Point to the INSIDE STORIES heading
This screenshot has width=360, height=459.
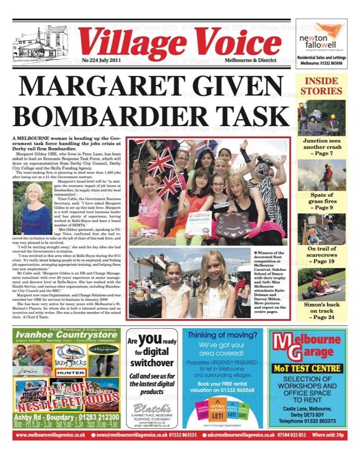point(321,86)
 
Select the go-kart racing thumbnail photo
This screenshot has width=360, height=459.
point(321,285)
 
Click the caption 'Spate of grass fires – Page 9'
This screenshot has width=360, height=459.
point(321,201)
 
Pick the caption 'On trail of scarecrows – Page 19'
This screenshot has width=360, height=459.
point(321,255)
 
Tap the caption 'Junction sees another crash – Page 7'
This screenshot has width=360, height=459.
point(321,146)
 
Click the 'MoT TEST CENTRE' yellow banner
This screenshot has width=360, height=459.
point(307,368)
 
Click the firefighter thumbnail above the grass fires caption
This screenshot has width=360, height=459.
point(321,177)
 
